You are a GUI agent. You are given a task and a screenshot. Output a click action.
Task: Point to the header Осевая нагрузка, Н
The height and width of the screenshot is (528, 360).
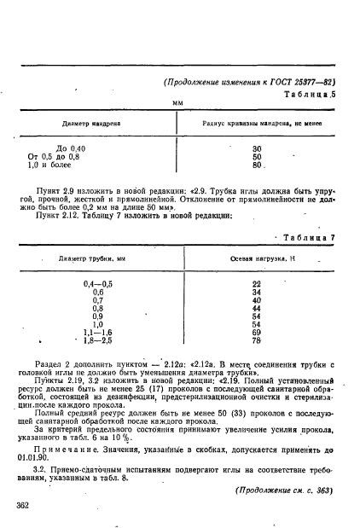[x=256, y=257]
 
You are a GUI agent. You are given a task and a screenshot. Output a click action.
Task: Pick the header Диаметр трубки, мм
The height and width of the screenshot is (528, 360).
[x=93, y=257]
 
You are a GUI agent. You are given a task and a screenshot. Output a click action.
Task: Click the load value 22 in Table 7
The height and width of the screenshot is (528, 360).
[x=257, y=283]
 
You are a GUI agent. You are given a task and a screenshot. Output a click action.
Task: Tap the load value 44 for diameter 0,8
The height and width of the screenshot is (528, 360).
[x=257, y=308]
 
